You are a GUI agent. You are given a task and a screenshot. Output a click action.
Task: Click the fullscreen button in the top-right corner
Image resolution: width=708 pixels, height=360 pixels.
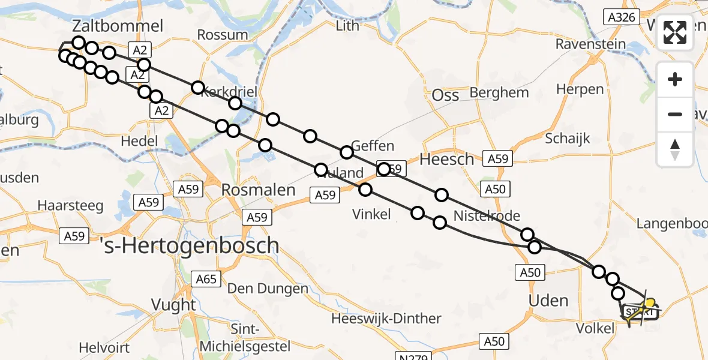coord(675,32)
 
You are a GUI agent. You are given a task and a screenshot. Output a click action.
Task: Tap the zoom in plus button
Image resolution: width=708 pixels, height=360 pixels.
coord(675,80)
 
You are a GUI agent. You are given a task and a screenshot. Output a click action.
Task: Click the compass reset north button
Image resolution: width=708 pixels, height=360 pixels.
coord(675,149)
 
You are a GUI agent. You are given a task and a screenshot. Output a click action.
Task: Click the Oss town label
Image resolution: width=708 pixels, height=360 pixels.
coord(446,95)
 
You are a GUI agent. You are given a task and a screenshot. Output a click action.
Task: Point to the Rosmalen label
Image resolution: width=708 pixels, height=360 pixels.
coord(259,190)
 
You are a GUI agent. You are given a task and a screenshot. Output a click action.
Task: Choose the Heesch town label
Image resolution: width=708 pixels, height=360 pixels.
coord(446,160)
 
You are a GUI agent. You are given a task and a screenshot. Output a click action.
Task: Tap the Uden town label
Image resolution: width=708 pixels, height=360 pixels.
coord(549,300)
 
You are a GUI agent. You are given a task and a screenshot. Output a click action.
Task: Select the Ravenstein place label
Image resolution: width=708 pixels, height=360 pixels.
coord(590,44)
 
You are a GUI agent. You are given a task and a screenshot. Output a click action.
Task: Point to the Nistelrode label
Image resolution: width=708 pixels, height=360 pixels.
coord(487,215)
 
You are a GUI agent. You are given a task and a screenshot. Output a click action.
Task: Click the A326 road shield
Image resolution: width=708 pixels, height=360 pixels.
coord(621,17)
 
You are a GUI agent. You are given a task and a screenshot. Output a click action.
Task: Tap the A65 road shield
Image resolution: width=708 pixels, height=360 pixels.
coord(206,278)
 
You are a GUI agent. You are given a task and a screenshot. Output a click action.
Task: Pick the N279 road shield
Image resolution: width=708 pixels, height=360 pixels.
coord(413,357)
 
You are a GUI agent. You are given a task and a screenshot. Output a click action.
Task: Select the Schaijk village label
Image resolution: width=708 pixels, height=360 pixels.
coord(568,138)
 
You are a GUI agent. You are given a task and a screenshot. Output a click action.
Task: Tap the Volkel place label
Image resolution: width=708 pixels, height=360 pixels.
coord(595,328)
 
